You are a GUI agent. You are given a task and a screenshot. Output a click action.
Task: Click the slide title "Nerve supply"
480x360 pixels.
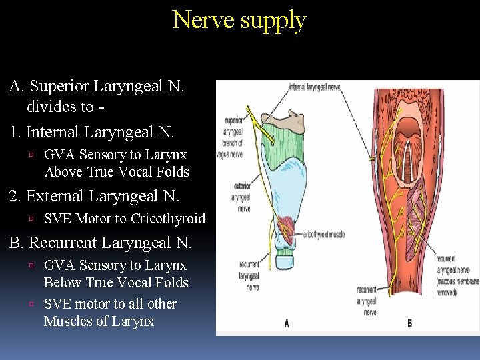pyautogui.click(x=239, y=20)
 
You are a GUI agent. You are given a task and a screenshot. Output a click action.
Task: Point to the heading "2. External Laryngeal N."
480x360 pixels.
pyautogui.click(x=94, y=196)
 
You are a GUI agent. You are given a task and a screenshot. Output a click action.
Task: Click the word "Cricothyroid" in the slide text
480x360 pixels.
pyautogui.click(x=168, y=219)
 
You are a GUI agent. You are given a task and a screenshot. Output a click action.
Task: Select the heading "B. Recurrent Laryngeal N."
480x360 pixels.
pyautogui.click(x=100, y=243)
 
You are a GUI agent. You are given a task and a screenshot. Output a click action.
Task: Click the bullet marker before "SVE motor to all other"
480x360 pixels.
pyautogui.click(x=33, y=305)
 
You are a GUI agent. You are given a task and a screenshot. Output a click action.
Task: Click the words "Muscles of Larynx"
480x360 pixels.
pyautogui.click(x=99, y=321)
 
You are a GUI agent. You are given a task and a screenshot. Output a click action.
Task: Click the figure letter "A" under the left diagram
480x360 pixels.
pyautogui.click(x=287, y=323)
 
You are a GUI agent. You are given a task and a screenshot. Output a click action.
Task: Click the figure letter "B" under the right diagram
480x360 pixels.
pyautogui.click(x=409, y=323)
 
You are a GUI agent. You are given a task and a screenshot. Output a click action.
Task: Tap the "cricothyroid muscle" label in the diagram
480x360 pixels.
pyautogui.click(x=324, y=235)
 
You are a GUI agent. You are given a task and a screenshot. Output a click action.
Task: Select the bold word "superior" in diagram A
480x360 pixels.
pyautogui.click(x=233, y=121)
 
